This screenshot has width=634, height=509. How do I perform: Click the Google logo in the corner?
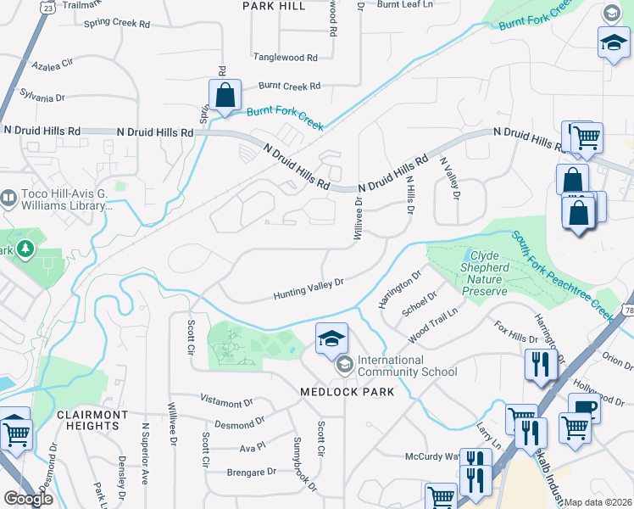pyautogui.click(x=28, y=499)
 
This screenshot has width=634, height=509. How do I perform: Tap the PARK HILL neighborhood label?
pyautogui.click(x=273, y=6)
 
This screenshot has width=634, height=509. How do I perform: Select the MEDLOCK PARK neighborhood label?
pyautogui.click(x=348, y=392)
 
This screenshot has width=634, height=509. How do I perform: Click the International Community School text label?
pyautogui.click(x=407, y=366)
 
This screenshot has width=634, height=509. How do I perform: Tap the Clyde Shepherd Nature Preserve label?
pyautogui.click(x=486, y=273)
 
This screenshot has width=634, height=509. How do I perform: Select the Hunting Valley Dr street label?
pyautogui.click(x=308, y=289)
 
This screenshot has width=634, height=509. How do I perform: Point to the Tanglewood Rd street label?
pyautogui.click(x=285, y=58)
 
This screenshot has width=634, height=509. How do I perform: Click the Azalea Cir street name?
pyautogui.click(x=53, y=64)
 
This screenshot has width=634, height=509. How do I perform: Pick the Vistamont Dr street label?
pyautogui.click(x=225, y=398)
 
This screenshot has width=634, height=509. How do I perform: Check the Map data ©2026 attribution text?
pyautogui.click(x=598, y=502)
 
